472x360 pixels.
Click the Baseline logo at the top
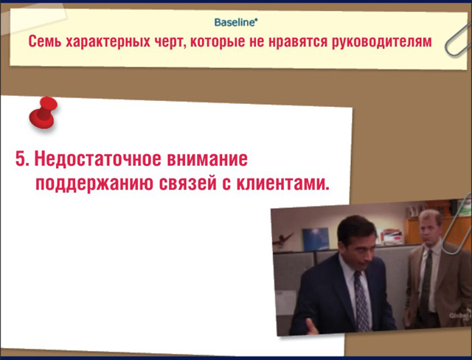[236, 23]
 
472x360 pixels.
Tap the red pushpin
[44, 113]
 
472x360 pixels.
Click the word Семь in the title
[45, 41]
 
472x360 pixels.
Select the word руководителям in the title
[382, 42]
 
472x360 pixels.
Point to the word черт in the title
[170, 42]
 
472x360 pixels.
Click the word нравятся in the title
[297, 42]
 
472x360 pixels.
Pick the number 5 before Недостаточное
[22, 159]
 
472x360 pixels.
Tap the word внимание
[207, 159]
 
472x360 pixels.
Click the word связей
[187, 183]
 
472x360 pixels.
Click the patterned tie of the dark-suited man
[361, 301]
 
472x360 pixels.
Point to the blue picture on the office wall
[316, 239]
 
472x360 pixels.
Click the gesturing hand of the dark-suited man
[311, 327]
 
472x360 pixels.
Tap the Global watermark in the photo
[459, 316]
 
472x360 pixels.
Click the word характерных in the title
[108, 42]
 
